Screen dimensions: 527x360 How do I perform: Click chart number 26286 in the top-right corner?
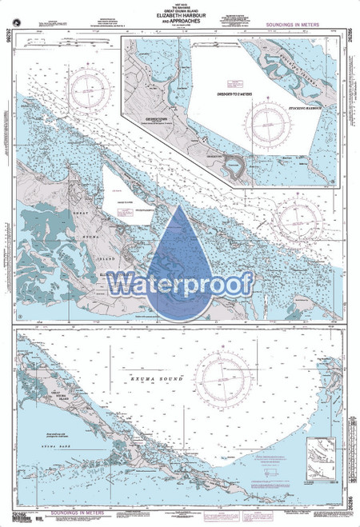[352, 23]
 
